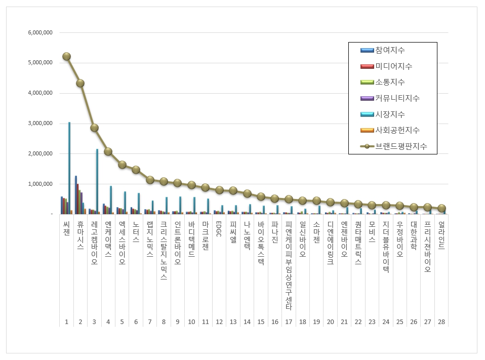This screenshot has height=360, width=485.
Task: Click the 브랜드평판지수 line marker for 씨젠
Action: tap(66, 56)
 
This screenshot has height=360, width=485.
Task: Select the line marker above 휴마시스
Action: tap(80, 83)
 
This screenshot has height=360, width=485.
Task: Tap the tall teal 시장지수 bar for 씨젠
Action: tap(69, 168)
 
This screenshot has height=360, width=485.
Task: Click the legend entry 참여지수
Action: tap(390, 50)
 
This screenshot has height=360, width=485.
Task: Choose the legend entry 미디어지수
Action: tap(393, 66)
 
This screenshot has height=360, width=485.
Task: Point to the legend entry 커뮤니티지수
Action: tap(397, 98)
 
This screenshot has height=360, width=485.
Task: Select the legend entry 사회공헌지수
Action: tap(397, 130)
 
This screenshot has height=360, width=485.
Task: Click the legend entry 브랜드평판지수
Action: tap(400, 146)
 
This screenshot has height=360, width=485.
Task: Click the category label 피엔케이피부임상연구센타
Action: tap(289, 266)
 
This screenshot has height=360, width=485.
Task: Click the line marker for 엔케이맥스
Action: tap(108, 151)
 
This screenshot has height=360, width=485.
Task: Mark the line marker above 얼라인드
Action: tap(441, 208)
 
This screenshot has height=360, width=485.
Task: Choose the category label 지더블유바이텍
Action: tap(386, 248)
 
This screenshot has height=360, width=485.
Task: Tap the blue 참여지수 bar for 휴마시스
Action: tap(75, 195)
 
